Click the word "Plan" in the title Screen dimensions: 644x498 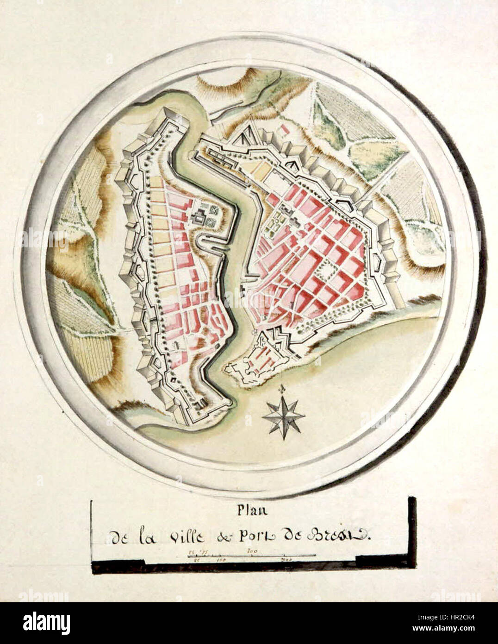(x=249, y=511)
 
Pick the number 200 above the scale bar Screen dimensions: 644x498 (x=252, y=551)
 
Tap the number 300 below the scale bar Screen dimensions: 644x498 (x=286, y=560)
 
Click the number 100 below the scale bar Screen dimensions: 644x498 (x=221, y=560)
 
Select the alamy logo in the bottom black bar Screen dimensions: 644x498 (x=46, y=623)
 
